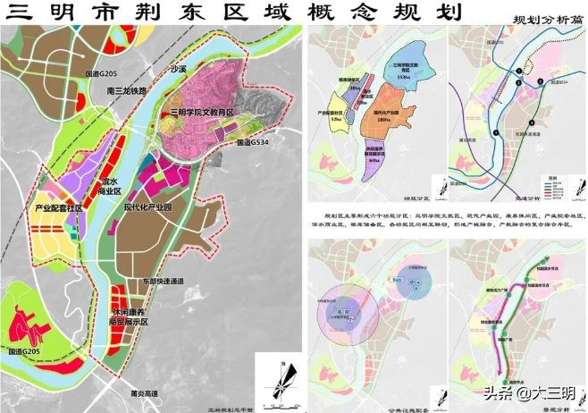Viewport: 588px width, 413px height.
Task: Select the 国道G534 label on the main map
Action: click(256, 141)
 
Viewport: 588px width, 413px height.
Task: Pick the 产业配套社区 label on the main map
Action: click(58, 207)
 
